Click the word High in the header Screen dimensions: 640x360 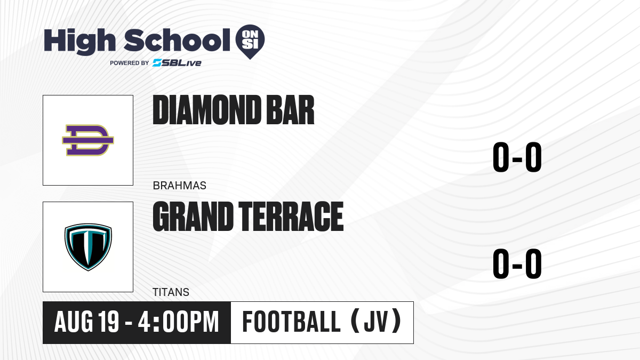pyautogui.click(x=79, y=41)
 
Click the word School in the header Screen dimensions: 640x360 pyautogui.click(x=177, y=40)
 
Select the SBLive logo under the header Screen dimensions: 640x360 pyautogui.click(x=177, y=63)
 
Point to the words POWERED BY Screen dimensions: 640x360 pyautogui.click(x=130, y=63)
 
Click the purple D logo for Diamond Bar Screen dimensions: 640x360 pyautogui.click(x=88, y=140)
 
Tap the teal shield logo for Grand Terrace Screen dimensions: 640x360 pyautogui.click(x=88, y=247)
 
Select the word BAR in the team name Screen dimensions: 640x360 pyautogui.click(x=290, y=110)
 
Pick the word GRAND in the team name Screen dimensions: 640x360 pyautogui.click(x=193, y=217)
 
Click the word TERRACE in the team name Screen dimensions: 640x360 pyautogui.click(x=291, y=217)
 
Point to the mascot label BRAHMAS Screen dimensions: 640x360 pyautogui.click(x=179, y=186)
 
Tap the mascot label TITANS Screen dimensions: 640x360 pyautogui.click(x=171, y=292)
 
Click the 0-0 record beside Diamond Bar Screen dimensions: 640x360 pyautogui.click(x=517, y=157)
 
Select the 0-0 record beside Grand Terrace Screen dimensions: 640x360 pyautogui.click(x=517, y=263)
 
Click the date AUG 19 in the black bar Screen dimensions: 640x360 pyautogui.click(x=86, y=322)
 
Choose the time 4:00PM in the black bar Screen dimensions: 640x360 pyautogui.click(x=178, y=322)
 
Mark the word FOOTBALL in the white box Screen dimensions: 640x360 pyautogui.click(x=291, y=322)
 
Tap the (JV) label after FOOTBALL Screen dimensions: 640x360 pyautogui.click(x=376, y=322)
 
